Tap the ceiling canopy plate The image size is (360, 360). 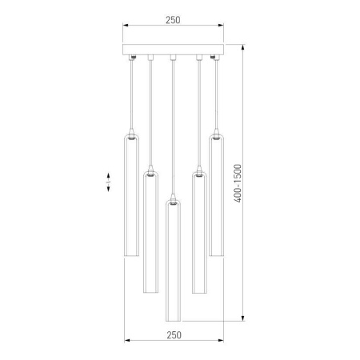click(x=173, y=52)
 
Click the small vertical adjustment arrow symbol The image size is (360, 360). click(x=109, y=183)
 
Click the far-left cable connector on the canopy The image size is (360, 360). click(x=131, y=58)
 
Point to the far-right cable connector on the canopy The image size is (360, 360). click(x=215, y=58)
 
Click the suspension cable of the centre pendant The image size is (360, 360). click(x=173, y=128)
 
